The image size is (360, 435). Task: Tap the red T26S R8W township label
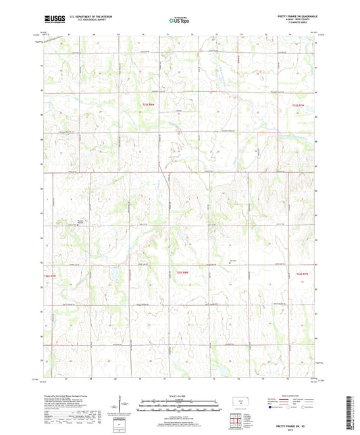[181, 273]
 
